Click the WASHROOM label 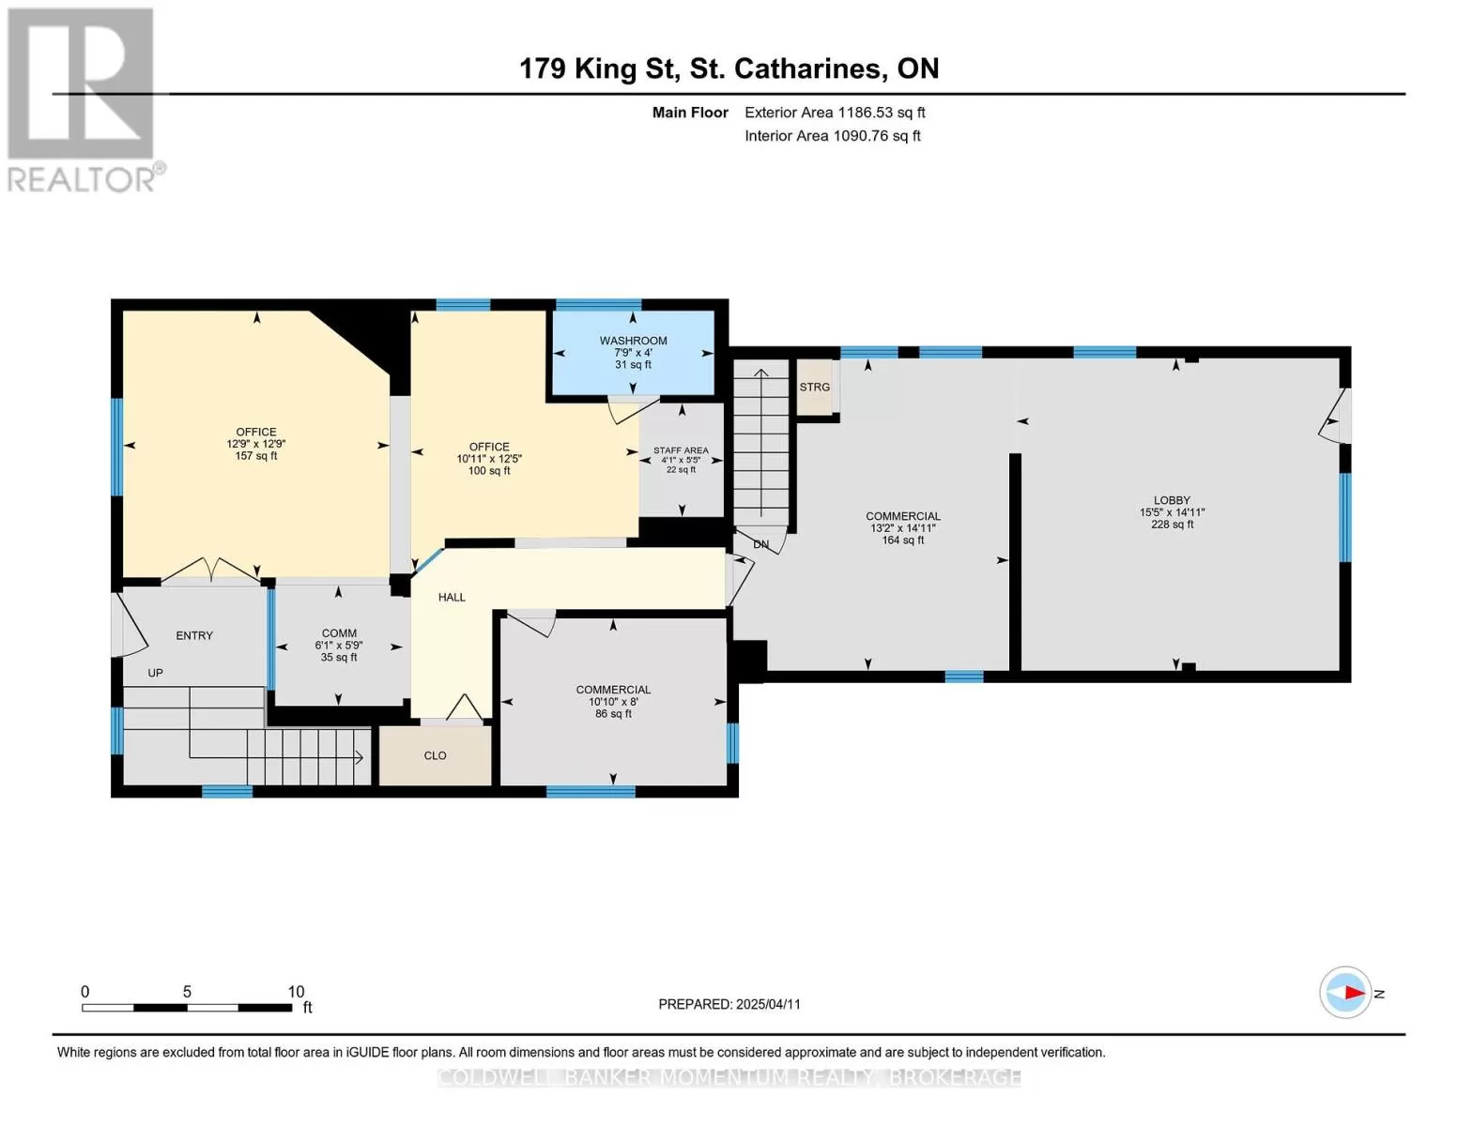pyautogui.click(x=633, y=341)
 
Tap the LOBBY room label pyautogui.click(x=1172, y=500)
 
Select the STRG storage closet pyautogui.click(x=815, y=387)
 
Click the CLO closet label pyautogui.click(x=435, y=755)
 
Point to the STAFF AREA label pyautogui.click(x=681, y=450)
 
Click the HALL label pyautogui.click(x=452, y=598)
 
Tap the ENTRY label pyautogui.click(x=194, y=636)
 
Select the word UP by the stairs pyautogui.click(x=155, y=674)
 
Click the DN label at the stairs pyautogui.click(x=760, y=544)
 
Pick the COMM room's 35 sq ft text pyautogui.click(x=339, y=658)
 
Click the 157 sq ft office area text pyautogui.click(x=255, y=456)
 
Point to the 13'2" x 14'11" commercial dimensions pyautogui.click(x=903, y=528)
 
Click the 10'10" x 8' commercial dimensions pyautogui.click(x=613, y=702)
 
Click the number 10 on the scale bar pyautogui.click(x=296, y=992)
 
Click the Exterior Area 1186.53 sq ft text pyautogui.click(x=835, y=113)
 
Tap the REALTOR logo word pyautogui.click(x=82, y=180)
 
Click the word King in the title pyautogui.click(x=605, y=69)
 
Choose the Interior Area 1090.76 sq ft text pyautogui.click(x=833, y=136)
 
